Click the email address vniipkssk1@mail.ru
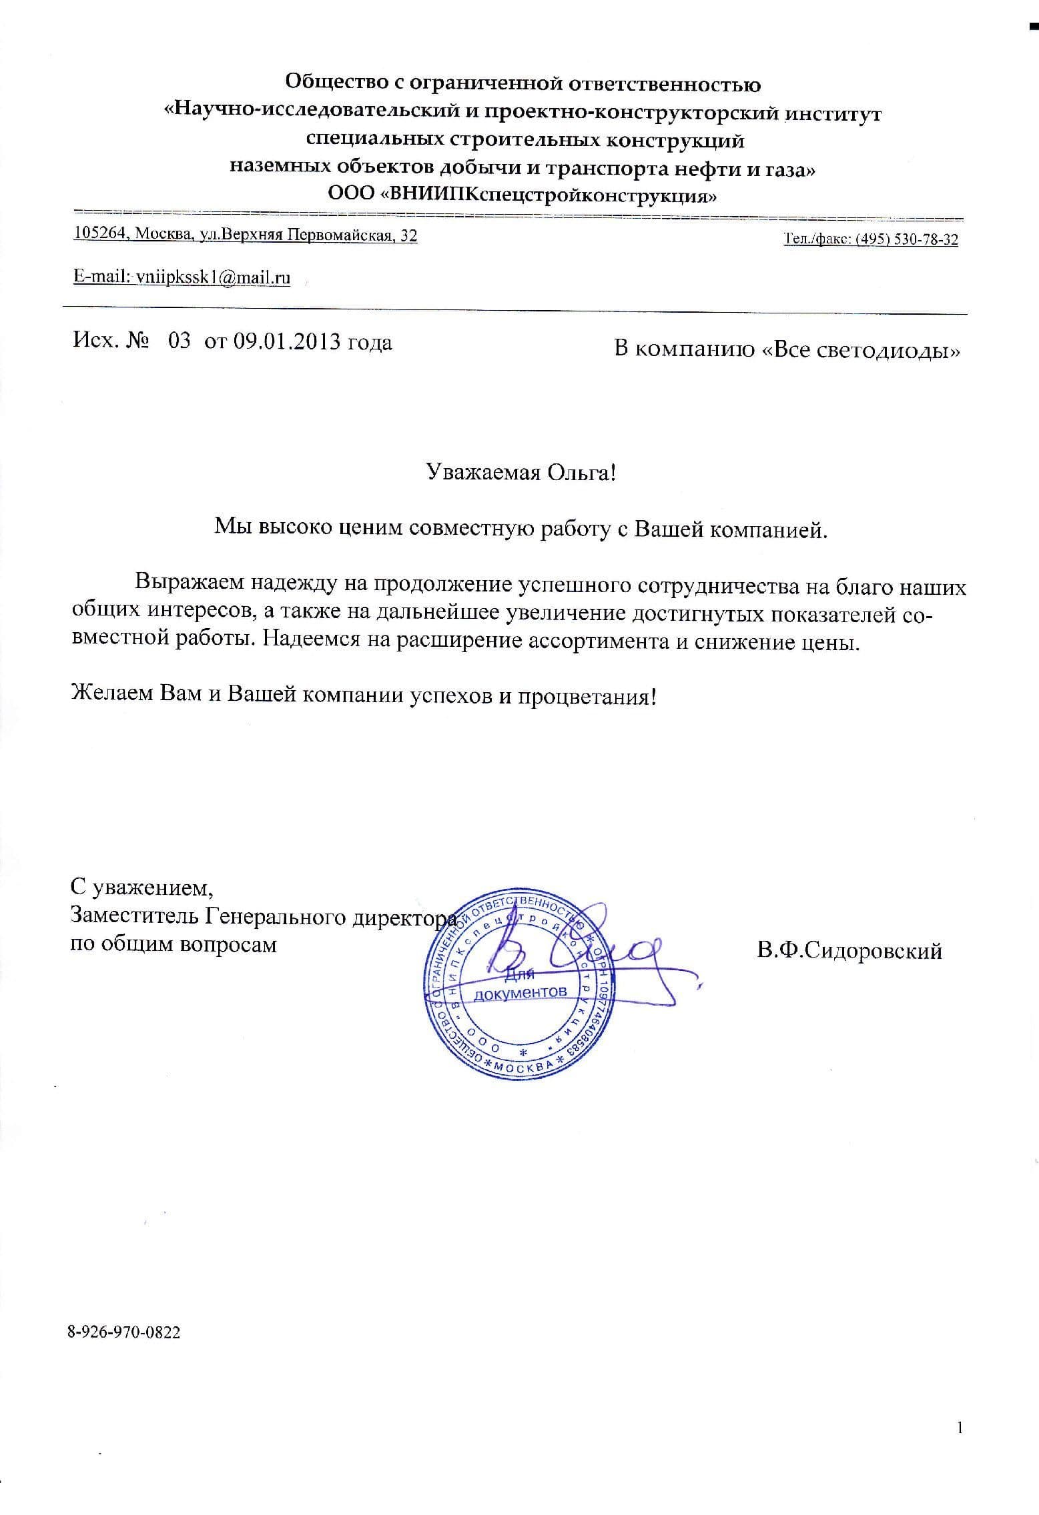[x=212, y=278]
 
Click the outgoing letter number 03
[x=180, y=342]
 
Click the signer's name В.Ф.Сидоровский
[x=849, y=951]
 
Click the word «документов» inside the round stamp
[x=521, y=992]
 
